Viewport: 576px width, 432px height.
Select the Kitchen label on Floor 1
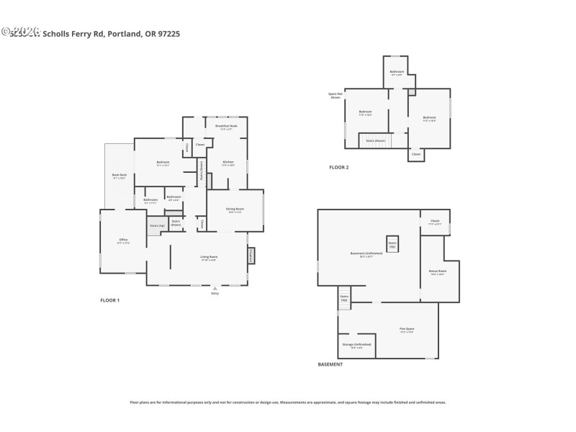pyautogui.click(x=228, y=163)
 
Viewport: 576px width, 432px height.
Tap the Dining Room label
pyautogui.click(x=235, y=210)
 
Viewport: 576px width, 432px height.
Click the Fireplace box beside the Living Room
pyautogui.click(x=251, y=255)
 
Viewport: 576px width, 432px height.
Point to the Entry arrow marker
pyautogui.click(x=215, y=289)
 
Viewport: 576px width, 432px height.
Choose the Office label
pyautogui.click(x=123, y=241)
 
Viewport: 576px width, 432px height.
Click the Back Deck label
pyautogui.click(x=119, y=176)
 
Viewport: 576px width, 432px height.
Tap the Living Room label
pyautogui.click(x=209, y=258)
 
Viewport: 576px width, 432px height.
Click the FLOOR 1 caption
pyautogui.click(x=109, y=300)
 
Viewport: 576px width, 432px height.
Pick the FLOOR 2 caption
pyautogui.click(x=338, y=167)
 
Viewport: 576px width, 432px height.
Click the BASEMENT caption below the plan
pyautogui.click(x=330, y=364)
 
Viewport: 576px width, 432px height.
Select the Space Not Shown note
pyautogui.click(x=335, y=96)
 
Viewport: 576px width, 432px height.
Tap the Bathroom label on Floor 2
pyautogui.click(x=397, y=73)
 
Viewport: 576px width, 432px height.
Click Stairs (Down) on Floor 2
pyautogui.click(x=375, y=140)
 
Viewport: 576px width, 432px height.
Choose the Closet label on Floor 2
pyautogui.click(x=415, y=154)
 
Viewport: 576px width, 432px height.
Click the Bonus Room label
pyautogui.click(x=437, y=273)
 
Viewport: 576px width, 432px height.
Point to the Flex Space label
pyautogui.click(x=407, y=330)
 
